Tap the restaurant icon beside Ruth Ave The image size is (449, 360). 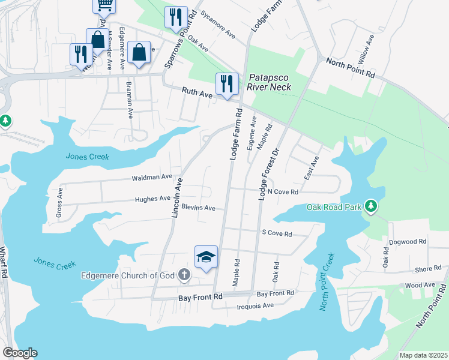coord(226,84)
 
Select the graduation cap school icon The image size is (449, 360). coord(206,257)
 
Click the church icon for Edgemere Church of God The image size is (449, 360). coord(184,275)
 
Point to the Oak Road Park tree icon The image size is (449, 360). coord(371,206)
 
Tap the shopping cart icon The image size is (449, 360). coord(104,5)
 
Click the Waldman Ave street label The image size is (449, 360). coord(152,178)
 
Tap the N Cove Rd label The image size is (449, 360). coord(283,191)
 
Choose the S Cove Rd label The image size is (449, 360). coord(277,233)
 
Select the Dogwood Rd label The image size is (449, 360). coord(408,241)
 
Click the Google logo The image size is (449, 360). coord(20,353)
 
